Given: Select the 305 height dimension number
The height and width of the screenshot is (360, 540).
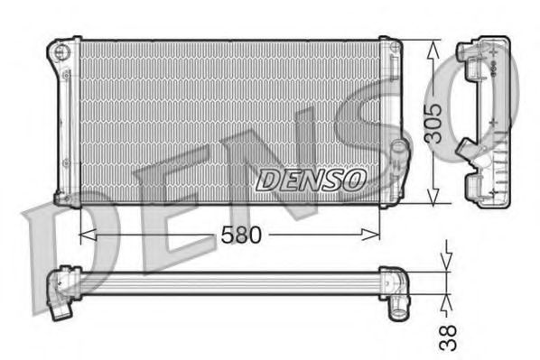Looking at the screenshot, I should click(435, 122).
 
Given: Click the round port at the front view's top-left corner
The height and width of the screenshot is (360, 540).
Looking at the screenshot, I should click(62, 51).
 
